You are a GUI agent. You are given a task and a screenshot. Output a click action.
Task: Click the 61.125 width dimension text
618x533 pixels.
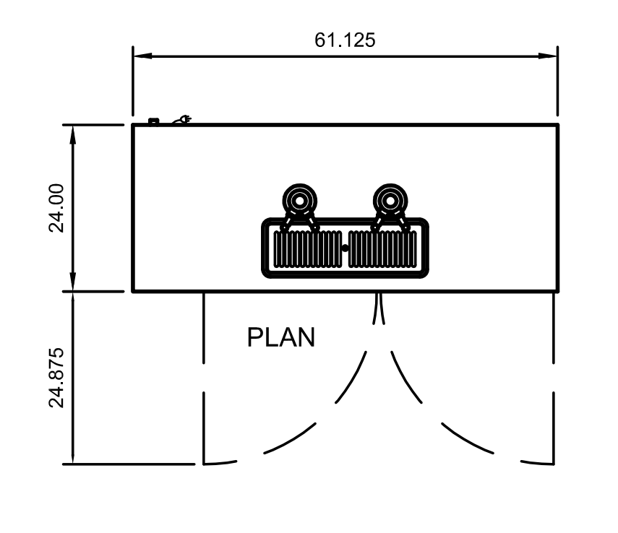(x=345, y=40)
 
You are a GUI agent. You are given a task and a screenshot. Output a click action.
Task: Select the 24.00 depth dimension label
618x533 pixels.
(x=57, y=207)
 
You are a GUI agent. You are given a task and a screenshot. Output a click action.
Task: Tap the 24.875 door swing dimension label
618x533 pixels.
(x=57, y=378)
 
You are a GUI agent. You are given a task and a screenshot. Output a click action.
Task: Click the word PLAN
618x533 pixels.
(x=281, y=337)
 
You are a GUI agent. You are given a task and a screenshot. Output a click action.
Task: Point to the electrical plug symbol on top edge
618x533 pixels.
(x=182, y=120)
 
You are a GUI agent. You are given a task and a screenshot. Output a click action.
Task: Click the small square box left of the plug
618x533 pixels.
(x=153, y=121)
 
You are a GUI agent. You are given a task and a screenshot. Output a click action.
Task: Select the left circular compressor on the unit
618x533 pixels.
(x=299, y=199)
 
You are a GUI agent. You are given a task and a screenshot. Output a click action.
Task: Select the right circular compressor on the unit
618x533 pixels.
(x=390, y=199)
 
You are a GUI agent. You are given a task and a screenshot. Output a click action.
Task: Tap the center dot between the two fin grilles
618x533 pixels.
(x=345, y=248)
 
